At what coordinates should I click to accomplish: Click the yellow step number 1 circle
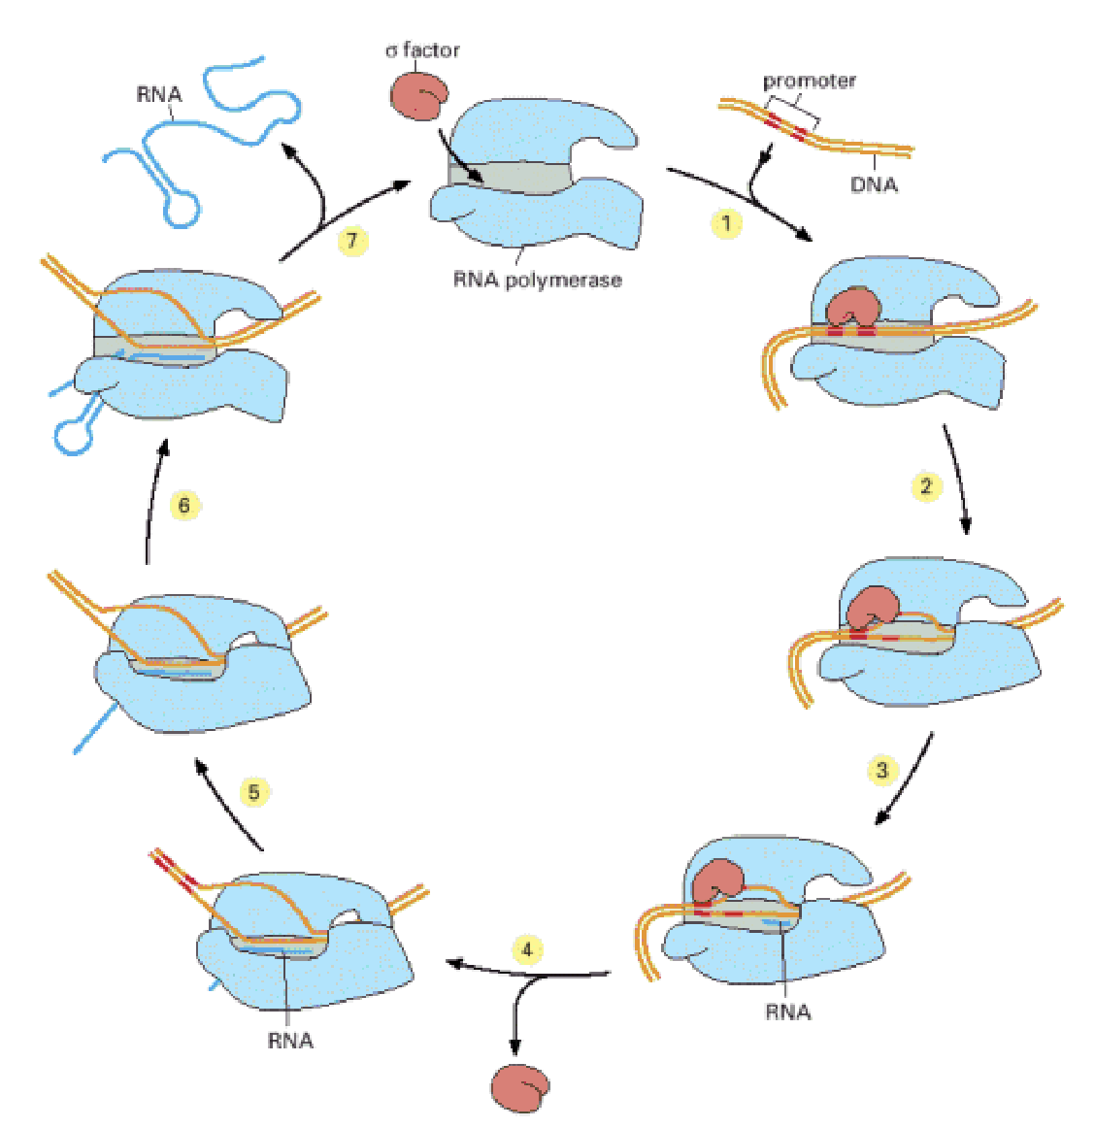pyautogui.click(x=725, y=223)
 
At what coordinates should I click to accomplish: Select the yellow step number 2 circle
pyautogui.click(x=925, y=485)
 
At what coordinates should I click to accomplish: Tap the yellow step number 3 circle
pyautogui.click(x=881, y=770)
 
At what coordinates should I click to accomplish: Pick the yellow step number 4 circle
pyautogui.click(x=527, y=948)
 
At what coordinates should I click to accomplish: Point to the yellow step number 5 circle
pyautogui.click(x=253, y=792)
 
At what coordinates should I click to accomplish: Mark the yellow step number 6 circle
pyautogui.click(x=184, y=505)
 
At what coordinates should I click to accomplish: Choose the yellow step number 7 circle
pyautogui.click(x=352, y=240)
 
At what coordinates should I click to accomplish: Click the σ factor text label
pyautogui.click(x=422, y=50)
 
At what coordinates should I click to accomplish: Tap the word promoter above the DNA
pyautogui.click(x=809, y=81)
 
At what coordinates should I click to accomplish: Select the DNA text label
pyautogui.click(x=874, y=184)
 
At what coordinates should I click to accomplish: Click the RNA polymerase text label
pyautogui.click(x=537, y=281)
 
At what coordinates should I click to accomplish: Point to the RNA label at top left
pyautogui.click(x=159, y=94)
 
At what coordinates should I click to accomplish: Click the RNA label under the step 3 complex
pyautogui.click(x=787, y=1012)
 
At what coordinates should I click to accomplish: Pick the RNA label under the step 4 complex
pyautogui.click(x=290, y=1041)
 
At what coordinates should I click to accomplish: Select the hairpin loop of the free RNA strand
pyautogui.click(x=181, y=209)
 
